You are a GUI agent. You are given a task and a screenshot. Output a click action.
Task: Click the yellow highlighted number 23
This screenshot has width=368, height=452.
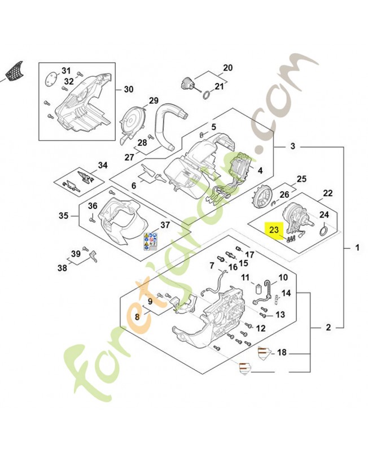coord(274,229)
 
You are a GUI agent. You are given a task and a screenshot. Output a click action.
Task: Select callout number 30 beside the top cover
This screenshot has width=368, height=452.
coord(129,90)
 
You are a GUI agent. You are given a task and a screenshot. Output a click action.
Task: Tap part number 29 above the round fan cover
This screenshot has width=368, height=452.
coord(154,101)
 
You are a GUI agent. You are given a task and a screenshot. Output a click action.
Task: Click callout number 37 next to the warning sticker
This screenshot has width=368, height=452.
coord(165,225)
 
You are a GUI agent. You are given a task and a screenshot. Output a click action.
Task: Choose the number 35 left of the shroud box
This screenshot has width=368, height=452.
coord(64,215)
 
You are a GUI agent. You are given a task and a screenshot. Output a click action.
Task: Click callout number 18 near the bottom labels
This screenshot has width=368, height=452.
coord(282,353)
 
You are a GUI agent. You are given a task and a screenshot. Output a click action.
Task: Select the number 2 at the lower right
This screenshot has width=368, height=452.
coord(328,327)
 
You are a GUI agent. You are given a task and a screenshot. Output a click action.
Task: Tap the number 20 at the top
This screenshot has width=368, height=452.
coord(228,68)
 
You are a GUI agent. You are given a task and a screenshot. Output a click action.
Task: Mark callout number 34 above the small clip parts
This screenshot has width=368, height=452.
coord(102,166)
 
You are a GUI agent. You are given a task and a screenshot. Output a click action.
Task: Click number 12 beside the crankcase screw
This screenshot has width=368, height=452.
coord(261,328)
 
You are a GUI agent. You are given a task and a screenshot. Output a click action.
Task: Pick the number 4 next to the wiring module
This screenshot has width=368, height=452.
coord(260,170)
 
